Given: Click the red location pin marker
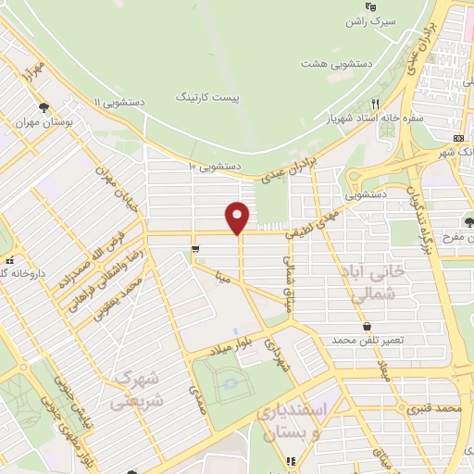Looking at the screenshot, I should coord(239,217).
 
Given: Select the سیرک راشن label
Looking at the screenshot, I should coord(377,20).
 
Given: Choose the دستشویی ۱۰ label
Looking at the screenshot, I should coord(214,166).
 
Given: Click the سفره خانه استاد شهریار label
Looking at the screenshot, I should coord(369,118).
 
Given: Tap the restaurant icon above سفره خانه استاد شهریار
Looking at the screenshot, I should coord(375,103).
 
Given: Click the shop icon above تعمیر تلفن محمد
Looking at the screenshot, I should coord(368,326).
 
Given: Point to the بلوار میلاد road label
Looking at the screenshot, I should coord(212,345).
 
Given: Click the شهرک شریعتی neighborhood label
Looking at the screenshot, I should coord(131,389).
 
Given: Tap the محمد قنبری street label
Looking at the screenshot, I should coord(438,407).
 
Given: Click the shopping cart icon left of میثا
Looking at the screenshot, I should coord(195,248).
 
